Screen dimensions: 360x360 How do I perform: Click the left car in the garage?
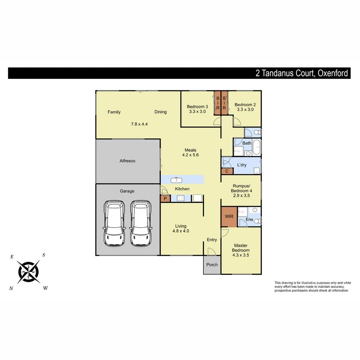point(113,224)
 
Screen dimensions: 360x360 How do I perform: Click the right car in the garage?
point(140,224)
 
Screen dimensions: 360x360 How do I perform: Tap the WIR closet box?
point(229,217)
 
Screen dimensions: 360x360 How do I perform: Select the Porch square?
point(212,265)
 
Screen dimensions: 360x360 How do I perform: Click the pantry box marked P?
point(165,198)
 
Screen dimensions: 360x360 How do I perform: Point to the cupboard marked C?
point(227,171)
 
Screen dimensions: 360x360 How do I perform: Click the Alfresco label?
point(128,161)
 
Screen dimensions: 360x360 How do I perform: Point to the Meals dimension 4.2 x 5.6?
point(190,155)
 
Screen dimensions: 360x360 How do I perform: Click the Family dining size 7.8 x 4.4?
point(139,124)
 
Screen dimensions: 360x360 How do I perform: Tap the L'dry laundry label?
point(242,165)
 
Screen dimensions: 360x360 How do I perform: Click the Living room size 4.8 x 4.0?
point(180,231)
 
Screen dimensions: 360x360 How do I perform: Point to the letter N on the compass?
point(11,288)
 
